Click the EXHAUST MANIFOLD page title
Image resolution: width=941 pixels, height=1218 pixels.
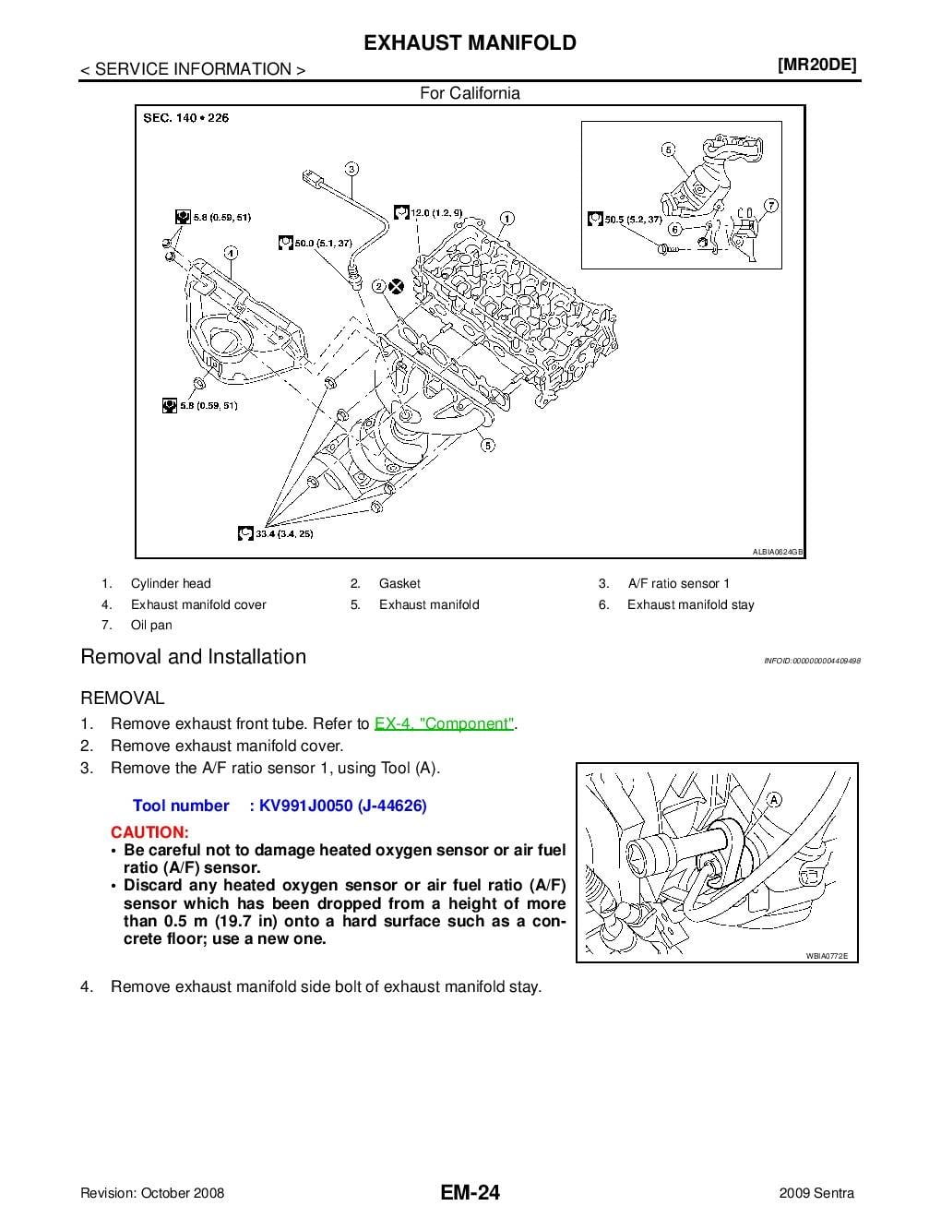pos(470,43)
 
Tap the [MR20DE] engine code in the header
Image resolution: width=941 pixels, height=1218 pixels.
pos(816,65)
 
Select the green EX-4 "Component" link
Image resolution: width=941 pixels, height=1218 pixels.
pos(445,724)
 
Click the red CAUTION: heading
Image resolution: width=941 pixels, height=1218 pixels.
pos(149,832)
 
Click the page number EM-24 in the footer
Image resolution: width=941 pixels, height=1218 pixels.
pos(470,1193)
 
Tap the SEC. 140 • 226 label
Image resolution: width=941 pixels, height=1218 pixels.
pos(186,118)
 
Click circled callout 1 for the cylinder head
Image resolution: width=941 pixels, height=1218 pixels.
pos(506,220)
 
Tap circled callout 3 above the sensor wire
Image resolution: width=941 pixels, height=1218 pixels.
pos(352,169)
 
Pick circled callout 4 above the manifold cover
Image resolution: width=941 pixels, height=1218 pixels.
pos(231,252)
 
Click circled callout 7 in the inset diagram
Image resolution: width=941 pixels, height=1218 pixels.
pos(771,205)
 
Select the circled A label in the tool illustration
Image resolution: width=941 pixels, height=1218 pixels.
pos(773,799)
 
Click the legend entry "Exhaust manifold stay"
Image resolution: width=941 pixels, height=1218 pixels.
pos(690,605)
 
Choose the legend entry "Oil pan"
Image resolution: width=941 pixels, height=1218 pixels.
pos(151,626)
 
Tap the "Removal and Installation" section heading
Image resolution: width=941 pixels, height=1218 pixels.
pos(194,657)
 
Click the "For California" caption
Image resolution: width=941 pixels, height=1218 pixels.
pos(470,93)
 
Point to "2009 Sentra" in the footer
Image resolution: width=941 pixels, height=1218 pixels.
pos(816,1193)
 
